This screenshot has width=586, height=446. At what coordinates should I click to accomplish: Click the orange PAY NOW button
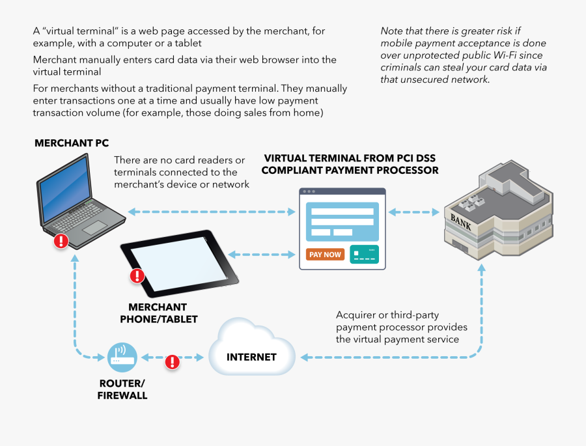pos(325,255)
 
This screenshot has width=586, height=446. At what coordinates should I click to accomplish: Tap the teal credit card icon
pos(364,254)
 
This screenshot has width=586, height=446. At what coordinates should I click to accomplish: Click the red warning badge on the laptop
pos(61,241)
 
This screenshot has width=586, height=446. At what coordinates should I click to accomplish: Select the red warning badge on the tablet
pos(137,275)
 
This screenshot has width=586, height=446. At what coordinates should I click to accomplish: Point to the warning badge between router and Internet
pos(172,361)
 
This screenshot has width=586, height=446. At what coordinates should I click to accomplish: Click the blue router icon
pos(122,357)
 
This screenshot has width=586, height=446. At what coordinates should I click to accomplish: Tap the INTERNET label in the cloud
pos(251,357)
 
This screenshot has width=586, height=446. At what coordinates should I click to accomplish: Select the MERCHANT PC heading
pos(72,143)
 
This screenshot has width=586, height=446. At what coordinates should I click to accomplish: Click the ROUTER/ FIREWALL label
pos(122,389)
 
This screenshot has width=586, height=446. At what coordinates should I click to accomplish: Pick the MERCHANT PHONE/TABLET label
pos(158,313)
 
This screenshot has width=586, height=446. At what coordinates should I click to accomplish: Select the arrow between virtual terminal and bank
pos(413,212)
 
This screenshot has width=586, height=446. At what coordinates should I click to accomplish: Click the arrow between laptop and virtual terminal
pos(212,212)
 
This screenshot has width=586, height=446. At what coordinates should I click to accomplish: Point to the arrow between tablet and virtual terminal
pos(260,254)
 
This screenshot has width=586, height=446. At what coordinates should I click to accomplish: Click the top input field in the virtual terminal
pos(342,211)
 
